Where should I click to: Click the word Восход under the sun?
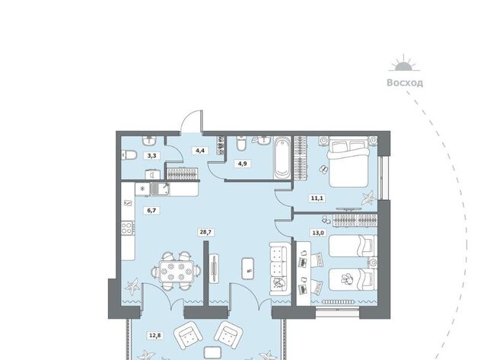coord(405,83)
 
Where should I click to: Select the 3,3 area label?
coord(151,155)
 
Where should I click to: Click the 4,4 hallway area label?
coord(200,151)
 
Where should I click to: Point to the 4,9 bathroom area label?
coord(242,164)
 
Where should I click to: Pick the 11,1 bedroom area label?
coord(317,198)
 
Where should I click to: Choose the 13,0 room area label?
coord(318,232)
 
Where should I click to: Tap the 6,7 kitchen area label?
coord(151,211)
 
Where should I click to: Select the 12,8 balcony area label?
coord(155,336)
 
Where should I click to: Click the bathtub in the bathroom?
coord(282,158)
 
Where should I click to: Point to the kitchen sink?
coord(160,190)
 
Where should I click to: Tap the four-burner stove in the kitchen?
coord(128,228)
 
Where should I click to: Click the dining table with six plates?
coord(176,271)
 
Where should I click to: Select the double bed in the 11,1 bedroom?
coord(349,162)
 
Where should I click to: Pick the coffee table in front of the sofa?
coord(248,269)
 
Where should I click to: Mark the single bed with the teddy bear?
coord(353,279)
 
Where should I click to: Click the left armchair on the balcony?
coord(188,336)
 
